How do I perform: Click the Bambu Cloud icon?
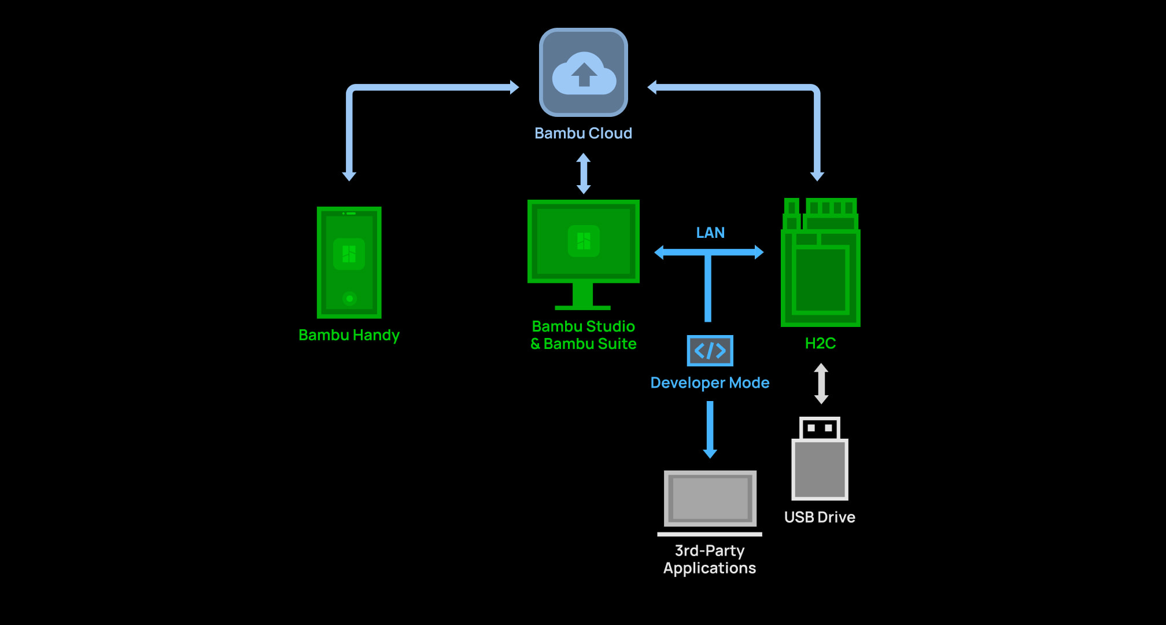pos(584,72)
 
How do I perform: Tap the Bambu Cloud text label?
pos(583,133)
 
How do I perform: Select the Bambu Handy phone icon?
pos(349,262)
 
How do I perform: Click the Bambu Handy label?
pos(349,335)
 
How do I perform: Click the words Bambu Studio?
pos(583,326)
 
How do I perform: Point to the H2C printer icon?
pos(820,263)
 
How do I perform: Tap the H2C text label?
pos(820,343)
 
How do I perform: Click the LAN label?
pos(710,233)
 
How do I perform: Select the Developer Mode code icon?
pos(710,351)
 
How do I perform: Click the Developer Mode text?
pos(710,383)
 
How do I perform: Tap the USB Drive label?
pos(820,517)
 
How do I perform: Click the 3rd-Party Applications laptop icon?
pos(710,501)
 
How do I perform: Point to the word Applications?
pos(710,568)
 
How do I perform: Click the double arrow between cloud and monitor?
pos(584,173)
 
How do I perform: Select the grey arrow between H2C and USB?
pos(821,383)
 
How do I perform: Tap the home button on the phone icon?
pos(349,299)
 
